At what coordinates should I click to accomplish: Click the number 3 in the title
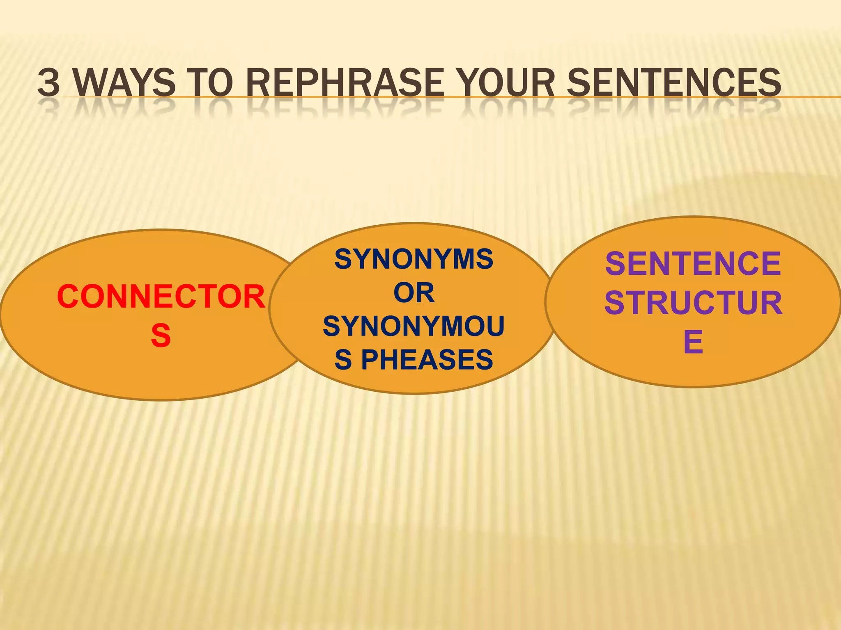(49, 82)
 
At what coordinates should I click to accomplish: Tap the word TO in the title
(210, 82)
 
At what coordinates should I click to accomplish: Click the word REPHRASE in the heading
(345, 82)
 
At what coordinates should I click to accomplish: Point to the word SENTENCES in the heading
(673, 82)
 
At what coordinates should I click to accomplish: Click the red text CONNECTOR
(161, 297)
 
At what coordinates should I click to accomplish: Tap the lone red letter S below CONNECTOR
(161, 336)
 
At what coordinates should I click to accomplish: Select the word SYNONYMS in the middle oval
(414, 259)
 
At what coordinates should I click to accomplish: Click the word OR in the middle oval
(414, 293)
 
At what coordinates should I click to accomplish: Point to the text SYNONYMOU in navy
(414, 326)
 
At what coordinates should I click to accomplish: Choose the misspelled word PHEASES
(427, 360)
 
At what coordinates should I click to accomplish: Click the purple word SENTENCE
(693, 264)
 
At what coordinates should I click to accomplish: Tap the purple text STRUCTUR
(693, 303)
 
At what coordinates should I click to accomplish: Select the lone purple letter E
(693, 341)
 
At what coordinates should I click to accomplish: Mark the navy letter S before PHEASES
(343, 360)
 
